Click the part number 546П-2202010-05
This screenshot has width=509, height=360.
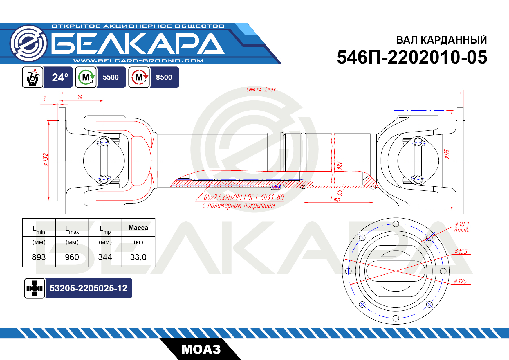412,57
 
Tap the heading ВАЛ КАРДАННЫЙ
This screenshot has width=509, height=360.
441,40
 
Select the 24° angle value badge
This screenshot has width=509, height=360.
60,77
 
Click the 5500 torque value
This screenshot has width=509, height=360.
111,77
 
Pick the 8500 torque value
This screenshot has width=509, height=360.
164,77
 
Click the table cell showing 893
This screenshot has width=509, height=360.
39,257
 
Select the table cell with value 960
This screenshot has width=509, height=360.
72,257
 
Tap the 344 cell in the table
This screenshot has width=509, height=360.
105,257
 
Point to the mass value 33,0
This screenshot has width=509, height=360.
138,257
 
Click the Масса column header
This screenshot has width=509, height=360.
138,228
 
